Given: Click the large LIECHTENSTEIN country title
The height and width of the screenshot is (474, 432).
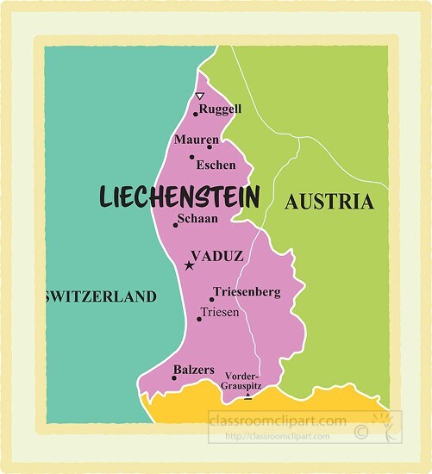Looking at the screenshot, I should [x=179, y=196].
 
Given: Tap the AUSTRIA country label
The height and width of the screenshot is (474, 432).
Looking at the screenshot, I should [x=329, y=203].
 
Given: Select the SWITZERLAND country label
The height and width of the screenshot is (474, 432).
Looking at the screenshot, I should [x=100, y=297].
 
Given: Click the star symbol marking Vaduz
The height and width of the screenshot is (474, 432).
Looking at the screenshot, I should [x=189, y=265].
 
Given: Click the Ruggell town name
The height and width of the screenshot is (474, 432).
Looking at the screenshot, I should [x=220, y=109].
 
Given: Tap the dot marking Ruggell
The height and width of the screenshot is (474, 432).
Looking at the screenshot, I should [x=196, y=113].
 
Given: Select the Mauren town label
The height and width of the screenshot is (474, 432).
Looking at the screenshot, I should [x=191, y=140].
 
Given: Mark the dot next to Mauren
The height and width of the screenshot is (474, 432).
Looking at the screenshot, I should [x=209, y=147].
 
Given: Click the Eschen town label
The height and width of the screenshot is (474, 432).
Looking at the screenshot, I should [x=216, y=165].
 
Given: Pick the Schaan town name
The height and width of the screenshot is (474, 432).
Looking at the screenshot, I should [x=197, y=219].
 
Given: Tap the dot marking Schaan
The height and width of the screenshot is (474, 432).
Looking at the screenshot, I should [x=176, y=225].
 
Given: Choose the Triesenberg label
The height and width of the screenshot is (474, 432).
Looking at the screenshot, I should [x=246, y=292].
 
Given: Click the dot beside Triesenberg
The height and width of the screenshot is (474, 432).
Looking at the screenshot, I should [x=211, y=300].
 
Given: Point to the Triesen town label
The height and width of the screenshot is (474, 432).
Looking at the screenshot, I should [x=219, y=312].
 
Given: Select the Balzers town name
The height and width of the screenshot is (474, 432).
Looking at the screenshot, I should [x=194, y=370].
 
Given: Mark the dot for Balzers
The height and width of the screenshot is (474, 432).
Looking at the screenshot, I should [x=174, y=377].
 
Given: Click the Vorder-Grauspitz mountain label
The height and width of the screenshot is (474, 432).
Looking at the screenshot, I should [x=241, y=381].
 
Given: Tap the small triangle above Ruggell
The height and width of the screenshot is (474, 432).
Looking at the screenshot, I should [x=200, y=96].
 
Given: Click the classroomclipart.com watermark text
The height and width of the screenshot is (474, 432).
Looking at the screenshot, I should [x=278, y=421].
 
